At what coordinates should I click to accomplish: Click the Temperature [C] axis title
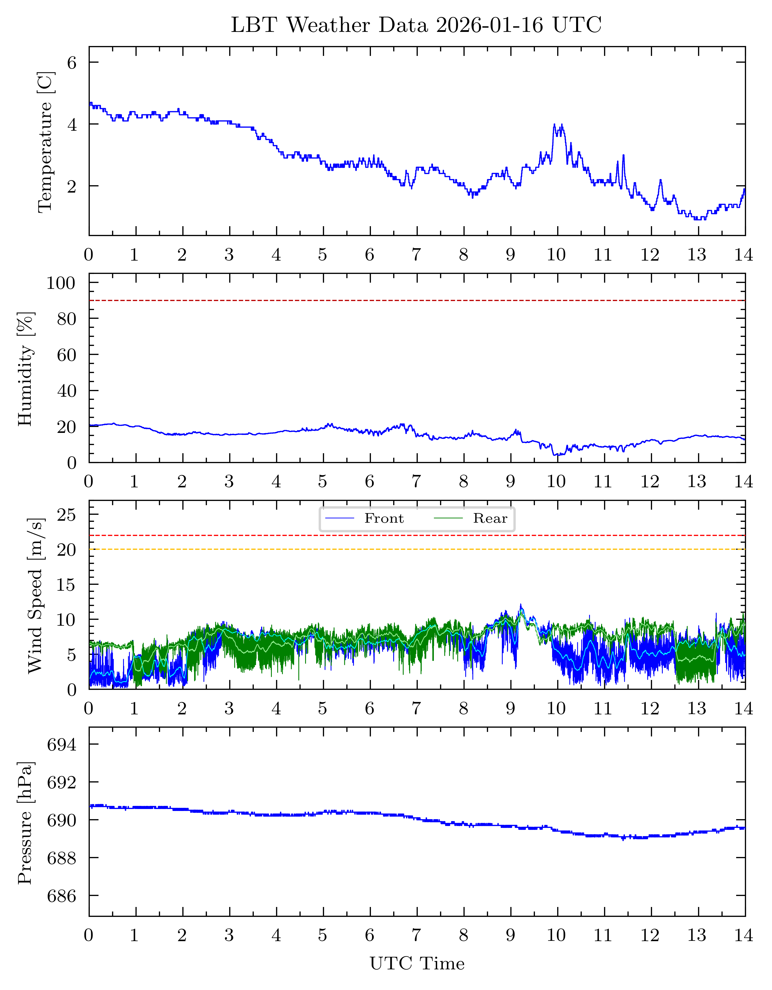46,141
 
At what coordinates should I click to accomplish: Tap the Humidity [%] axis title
26,368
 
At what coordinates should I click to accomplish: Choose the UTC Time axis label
417,963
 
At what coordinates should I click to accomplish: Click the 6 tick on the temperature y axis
72,63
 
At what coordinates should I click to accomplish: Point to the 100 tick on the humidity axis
61,283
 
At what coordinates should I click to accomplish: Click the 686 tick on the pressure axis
62,896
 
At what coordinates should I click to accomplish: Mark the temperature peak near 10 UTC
554,124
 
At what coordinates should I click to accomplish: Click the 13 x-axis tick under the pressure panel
697,935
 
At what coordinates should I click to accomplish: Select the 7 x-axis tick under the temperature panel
416,255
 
